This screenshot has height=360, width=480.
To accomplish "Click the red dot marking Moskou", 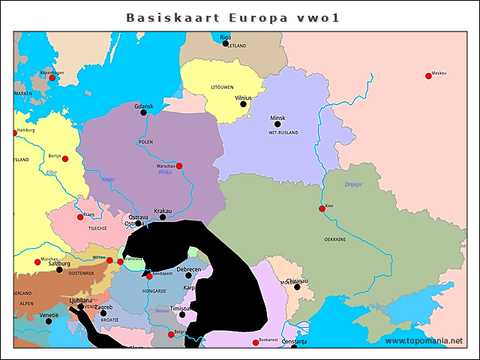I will tap(428, 76).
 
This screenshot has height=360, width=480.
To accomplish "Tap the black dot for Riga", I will tap(225, 43).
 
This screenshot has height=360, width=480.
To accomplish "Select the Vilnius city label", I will tap(243, 97).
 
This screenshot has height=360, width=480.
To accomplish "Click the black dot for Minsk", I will tap(277, 124).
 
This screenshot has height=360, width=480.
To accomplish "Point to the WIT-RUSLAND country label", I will tap(283, 133).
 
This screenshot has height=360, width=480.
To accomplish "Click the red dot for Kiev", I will tap(321, 208).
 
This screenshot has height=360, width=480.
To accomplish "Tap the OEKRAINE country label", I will tap(334, 239).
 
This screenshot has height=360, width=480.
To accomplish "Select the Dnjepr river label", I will tap(353, 184).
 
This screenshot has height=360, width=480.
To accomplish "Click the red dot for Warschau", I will tap(178, 166).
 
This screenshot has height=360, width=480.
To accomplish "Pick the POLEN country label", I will tap(145, 142).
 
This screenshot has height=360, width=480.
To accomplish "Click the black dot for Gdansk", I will tap(144, 112).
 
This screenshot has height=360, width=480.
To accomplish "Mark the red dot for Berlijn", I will tap(65, 159).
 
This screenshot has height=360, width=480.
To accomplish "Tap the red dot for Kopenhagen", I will tap(52, 78).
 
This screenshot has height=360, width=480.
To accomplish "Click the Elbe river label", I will tap(52, 173).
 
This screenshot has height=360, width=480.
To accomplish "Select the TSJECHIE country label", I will tap(97, 228).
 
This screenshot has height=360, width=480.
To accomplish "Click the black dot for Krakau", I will tap(163, 217).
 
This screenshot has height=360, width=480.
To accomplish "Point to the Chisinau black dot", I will tap(297, 287).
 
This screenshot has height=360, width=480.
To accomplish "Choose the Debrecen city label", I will tap(188, 269).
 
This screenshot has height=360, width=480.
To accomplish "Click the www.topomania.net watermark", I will tap(423, 341).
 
